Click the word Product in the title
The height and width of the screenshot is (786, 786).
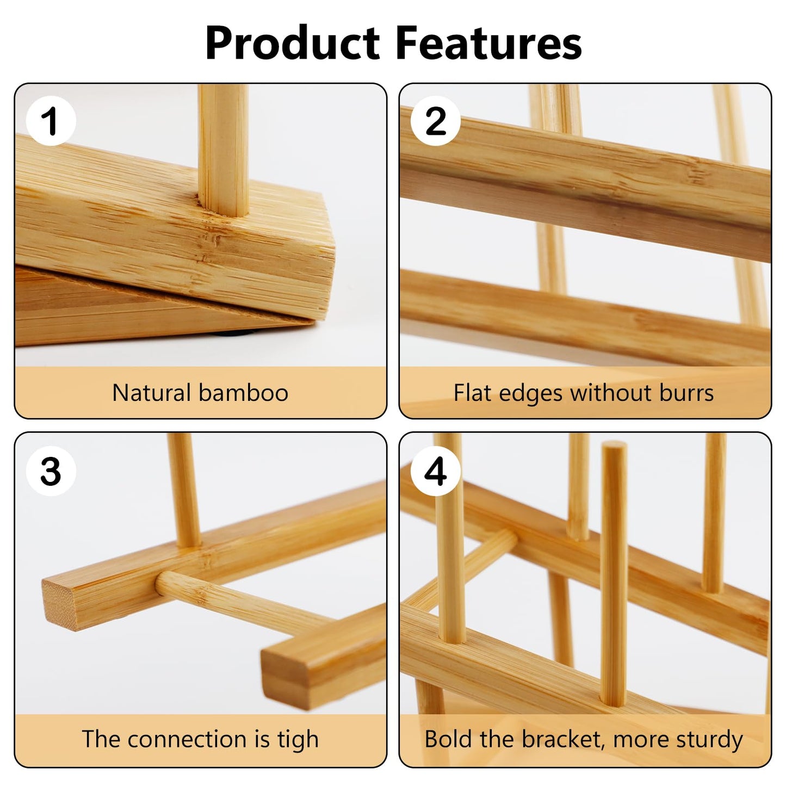[x=293, y=44]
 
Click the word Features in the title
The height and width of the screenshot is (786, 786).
[x=488, y=44]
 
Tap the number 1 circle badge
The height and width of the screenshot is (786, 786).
[x=51, y=121]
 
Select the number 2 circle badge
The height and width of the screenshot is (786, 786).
[x=436, y=121]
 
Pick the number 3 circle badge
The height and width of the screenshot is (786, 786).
[x=51, y=471]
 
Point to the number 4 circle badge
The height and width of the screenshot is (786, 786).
[x=436, y=471]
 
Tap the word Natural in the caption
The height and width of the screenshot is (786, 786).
[x=151, y=393]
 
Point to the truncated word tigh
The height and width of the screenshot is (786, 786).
[x=297, y=740]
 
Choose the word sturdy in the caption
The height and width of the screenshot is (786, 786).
[x=710, y=740]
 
